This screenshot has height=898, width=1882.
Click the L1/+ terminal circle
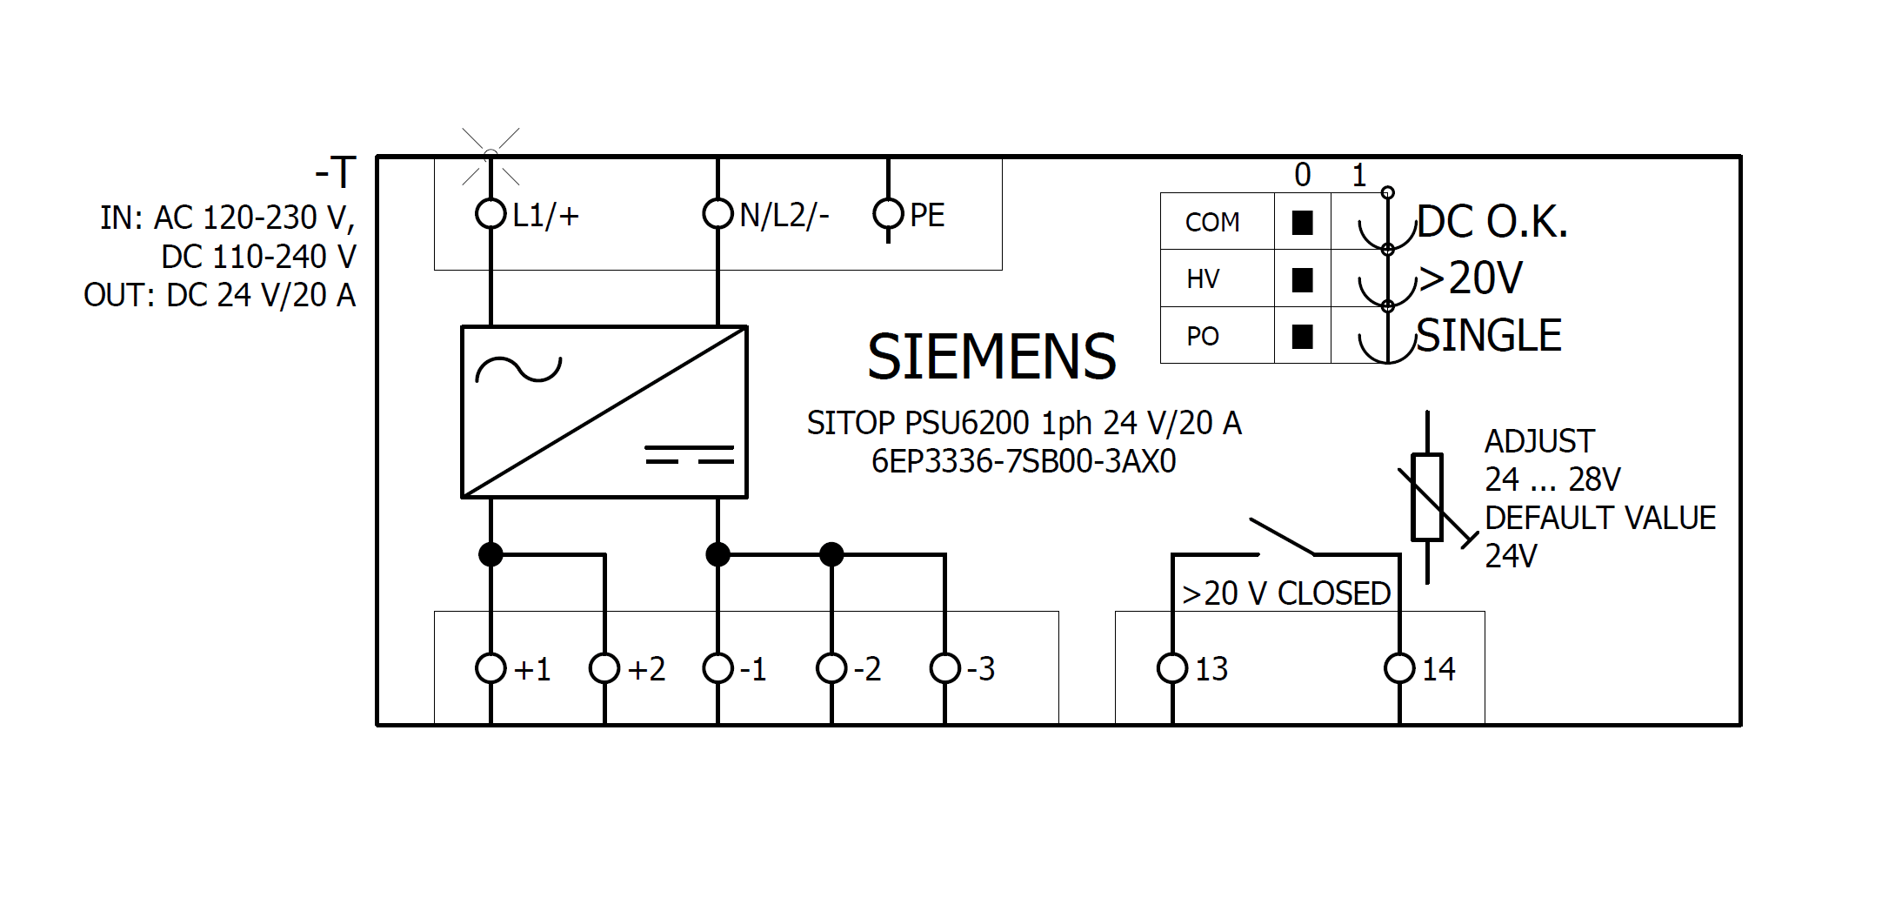coord(491,214)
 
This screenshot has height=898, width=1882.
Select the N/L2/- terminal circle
coord(717,214)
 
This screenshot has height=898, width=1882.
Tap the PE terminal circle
coord(888,214)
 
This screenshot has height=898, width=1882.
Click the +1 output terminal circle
coord(491,668)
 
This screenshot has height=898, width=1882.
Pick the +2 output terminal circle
coord(604,668)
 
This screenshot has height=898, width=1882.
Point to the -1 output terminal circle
coord(717,668)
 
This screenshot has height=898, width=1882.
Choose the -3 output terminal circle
coord(945,668)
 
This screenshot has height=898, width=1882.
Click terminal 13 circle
coord(1172,668)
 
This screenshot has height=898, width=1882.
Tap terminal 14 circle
coord(1399,668)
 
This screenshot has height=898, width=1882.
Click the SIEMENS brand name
coord(991,357)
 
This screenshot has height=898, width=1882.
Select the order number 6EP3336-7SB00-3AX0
coord(1024,461)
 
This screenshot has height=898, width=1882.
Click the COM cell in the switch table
coord(1212,223)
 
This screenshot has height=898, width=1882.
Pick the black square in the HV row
coord(1302,280)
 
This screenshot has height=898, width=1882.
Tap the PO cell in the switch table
coord(1203,337)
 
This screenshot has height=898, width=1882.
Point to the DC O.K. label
coord(1492,223)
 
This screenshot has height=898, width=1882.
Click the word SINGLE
coord(1489,336)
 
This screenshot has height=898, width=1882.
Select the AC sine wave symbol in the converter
coord(518,370)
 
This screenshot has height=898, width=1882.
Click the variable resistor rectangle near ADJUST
coord(1427,497)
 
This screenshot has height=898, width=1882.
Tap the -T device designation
coord(336,172)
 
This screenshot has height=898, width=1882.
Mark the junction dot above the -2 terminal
coord(831,554)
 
